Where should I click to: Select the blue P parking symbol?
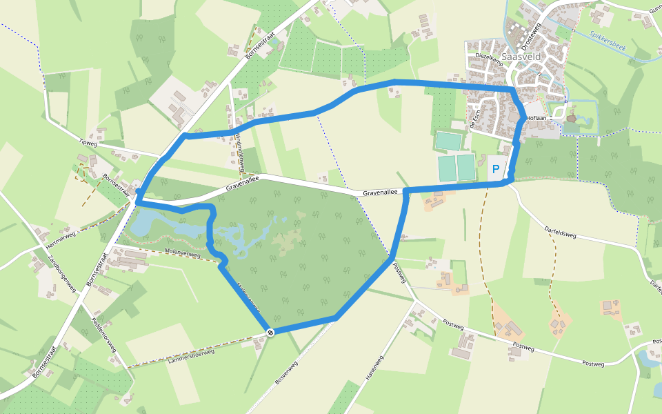(x=495, y=169)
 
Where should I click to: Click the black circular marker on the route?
(x=270, y=333)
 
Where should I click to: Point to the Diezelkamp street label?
(x=490, y=55)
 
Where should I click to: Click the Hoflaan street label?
(x=536, y=119)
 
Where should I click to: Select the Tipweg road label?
(x=89, y=142)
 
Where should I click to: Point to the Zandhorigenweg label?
(x=61, y=274)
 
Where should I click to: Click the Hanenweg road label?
(x=374, y=371)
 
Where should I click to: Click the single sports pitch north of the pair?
(x=448, y=141)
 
